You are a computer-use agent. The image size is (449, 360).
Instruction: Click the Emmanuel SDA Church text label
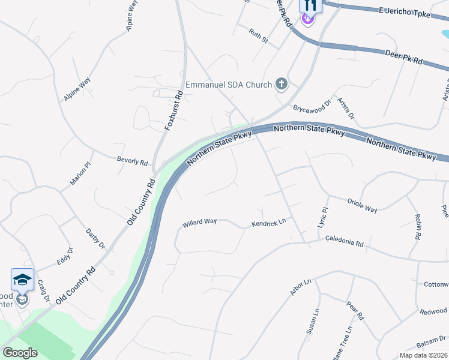point(229,85)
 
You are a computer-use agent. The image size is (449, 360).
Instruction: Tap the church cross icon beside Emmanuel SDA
point(281,84)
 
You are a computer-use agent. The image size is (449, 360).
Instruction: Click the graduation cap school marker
point(22,280)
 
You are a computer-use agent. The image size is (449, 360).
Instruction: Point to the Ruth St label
point(259,36)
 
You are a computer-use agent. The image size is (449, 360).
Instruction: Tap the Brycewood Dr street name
point(312,107)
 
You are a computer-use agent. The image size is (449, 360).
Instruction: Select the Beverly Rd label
point(132,161)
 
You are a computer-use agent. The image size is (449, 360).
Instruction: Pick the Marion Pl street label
point(80,174)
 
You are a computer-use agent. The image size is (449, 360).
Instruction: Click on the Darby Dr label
point(95,238)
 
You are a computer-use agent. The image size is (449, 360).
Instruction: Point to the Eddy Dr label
point(64,257)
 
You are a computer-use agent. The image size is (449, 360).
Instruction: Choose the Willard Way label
point(199,222)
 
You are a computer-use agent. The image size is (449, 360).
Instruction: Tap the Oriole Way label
point(363,205)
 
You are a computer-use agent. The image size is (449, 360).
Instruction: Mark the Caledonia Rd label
point(345,240)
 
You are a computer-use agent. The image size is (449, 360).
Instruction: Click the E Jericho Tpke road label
point(405,11)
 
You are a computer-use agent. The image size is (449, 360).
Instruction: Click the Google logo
point(20,353)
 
